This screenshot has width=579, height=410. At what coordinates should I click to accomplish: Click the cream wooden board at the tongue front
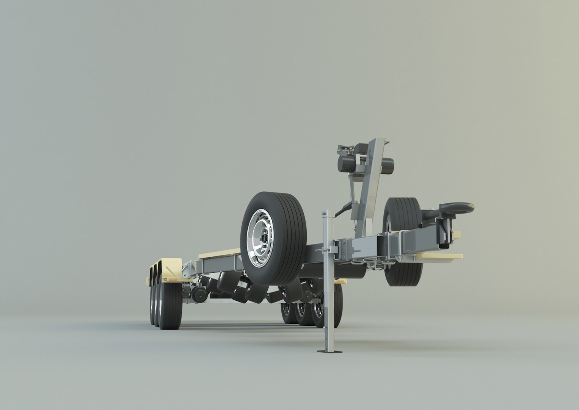pos(440,257)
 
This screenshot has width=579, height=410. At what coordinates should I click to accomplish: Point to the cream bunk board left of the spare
pos(220,252)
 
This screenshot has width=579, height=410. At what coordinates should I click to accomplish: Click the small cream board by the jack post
pos(341,281)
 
